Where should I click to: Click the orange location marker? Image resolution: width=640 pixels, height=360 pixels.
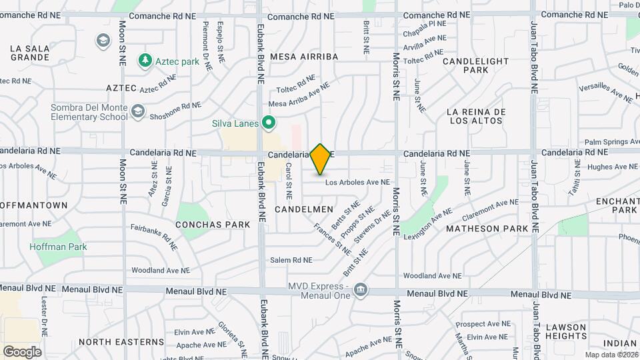(x=321, y=159)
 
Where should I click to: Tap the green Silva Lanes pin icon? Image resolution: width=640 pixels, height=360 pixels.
(x=269, y=122)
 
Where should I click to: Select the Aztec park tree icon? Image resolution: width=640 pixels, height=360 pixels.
(x=145, y=61)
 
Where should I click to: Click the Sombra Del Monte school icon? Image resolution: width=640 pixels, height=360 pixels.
(x=138, y=111)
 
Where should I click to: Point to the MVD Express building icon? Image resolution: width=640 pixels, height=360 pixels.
(x=361, y=289)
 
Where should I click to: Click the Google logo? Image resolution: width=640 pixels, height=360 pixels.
(x=22, y=351)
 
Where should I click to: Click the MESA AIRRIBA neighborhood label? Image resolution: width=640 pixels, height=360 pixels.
(x=304, y=57)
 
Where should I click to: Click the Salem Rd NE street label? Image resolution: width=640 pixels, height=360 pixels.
(x=291, y=260)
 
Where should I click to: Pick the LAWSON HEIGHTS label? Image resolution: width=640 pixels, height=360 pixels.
(x=565, y=331)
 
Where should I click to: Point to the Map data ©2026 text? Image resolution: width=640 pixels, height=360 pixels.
(x=611, y=355)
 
